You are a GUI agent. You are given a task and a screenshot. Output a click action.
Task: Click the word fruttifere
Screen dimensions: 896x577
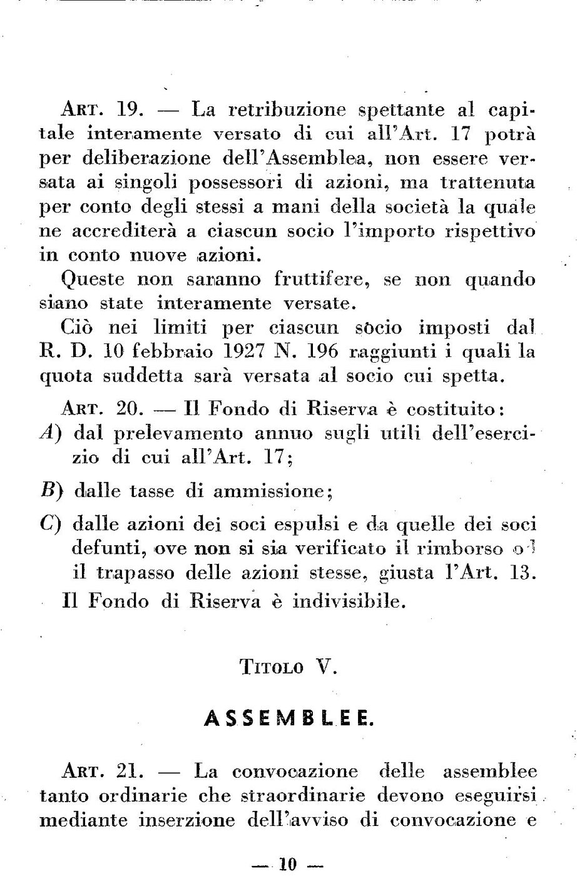tap(319, 279)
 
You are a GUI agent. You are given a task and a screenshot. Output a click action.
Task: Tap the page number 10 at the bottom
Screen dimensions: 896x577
tap(288, 865)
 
